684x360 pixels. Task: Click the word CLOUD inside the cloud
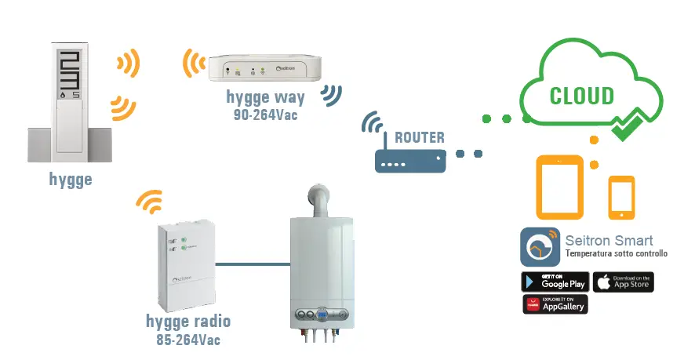tap(581, 96)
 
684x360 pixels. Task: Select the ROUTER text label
tap(420, 138)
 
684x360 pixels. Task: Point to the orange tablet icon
tap(559, 187)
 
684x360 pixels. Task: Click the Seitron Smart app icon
tap(540, 247)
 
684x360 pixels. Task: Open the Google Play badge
tap(555, 282)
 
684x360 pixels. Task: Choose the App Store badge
tap(623, 282)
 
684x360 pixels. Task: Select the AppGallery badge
tap(555, 304)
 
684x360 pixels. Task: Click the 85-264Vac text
tap(188, 340)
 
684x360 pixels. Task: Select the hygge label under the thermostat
tap(70, 180)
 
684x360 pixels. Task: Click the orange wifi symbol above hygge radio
tap(149, 203)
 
